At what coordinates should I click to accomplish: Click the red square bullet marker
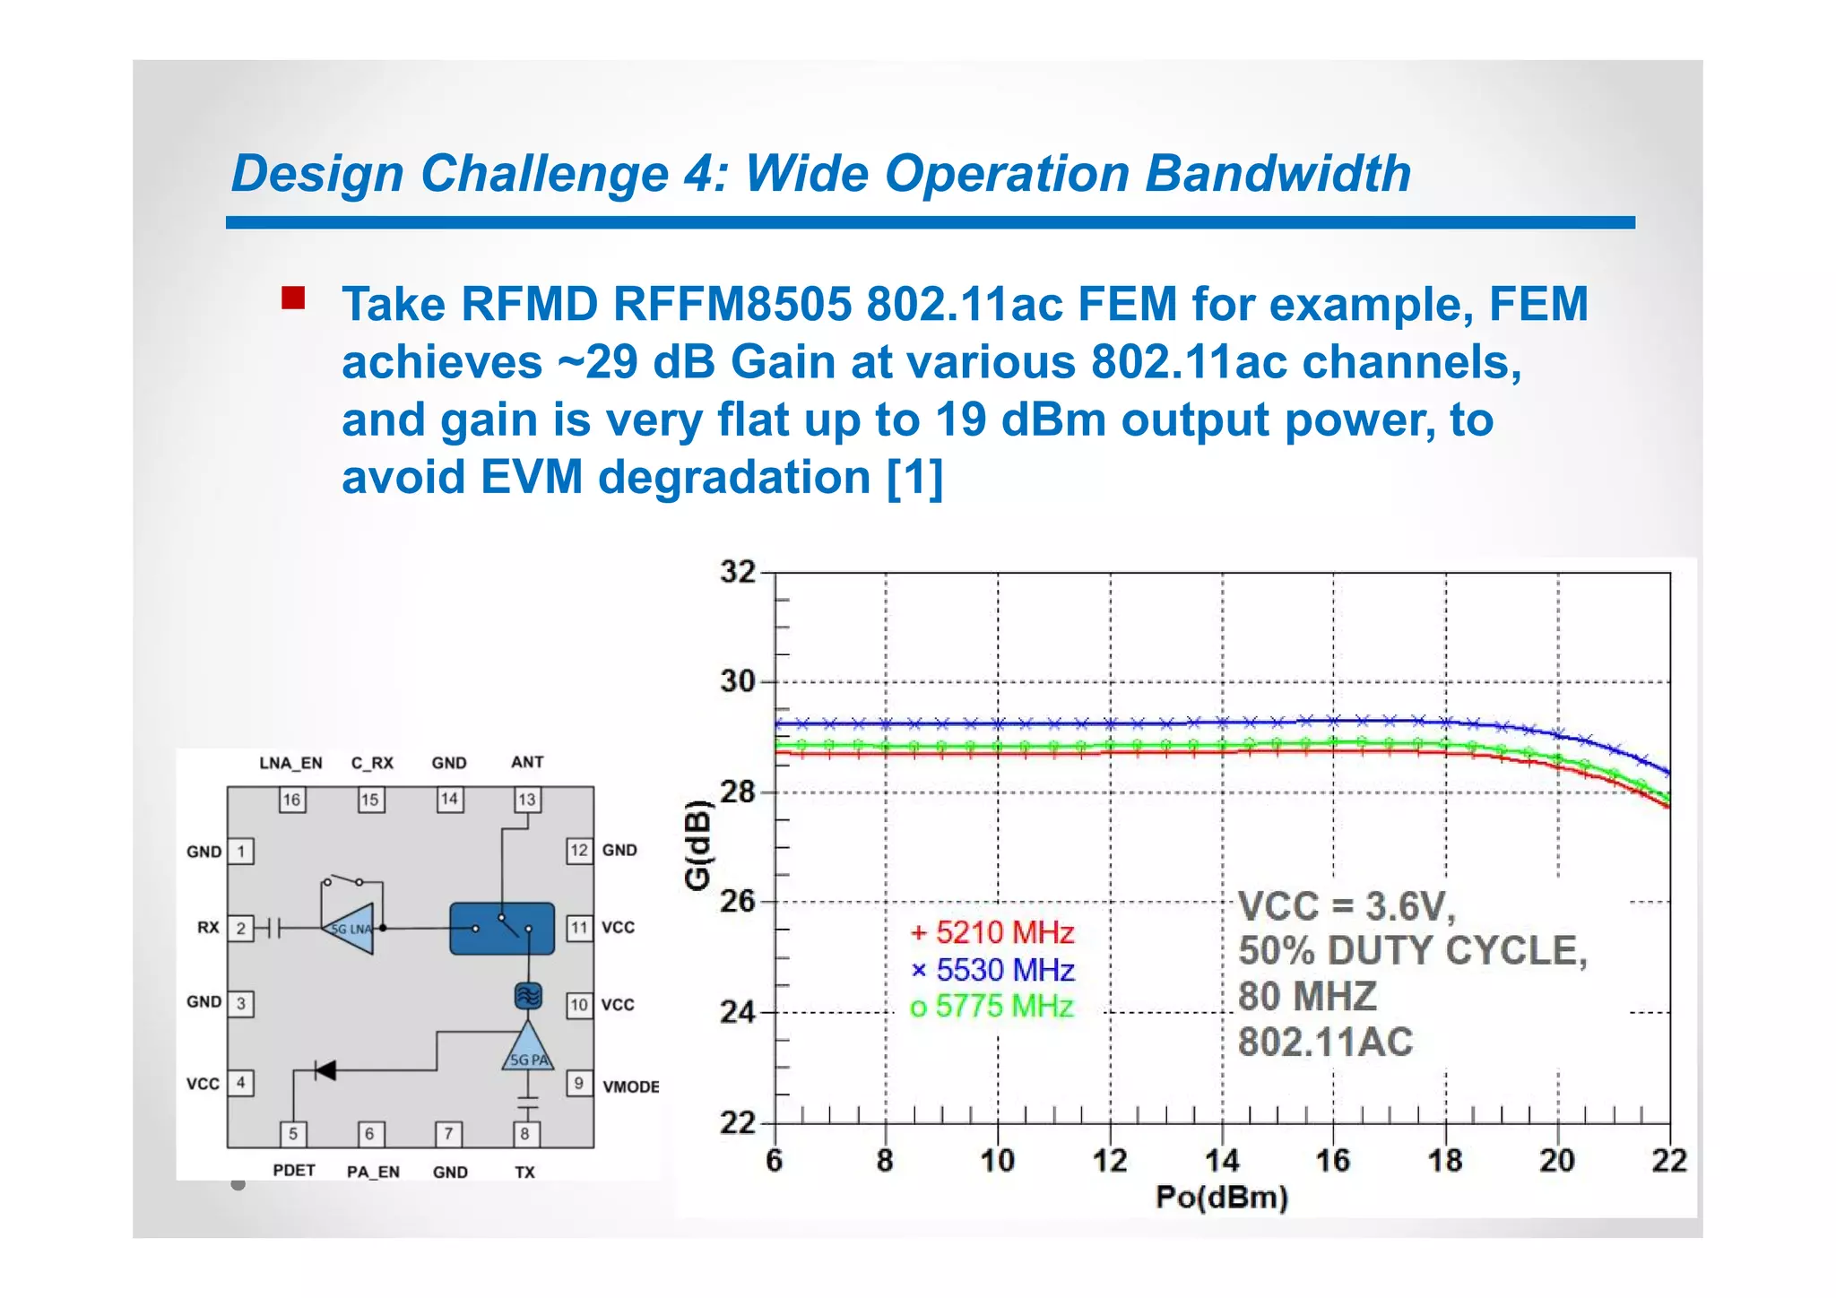tap(293, 298)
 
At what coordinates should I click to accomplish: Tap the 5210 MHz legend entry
tap(992, 933)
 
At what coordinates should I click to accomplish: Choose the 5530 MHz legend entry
tap(992, 970)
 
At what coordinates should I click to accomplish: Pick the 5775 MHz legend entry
tap(992, 1007)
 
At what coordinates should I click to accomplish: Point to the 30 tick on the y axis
tap(738, 681)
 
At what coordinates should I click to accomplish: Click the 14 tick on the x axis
tap(1221, 1161)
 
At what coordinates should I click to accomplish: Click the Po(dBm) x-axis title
tap(1221, 1198)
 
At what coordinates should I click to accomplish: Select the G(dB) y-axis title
tap(697, 844)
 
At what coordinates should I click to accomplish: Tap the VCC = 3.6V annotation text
tap(1347, 906)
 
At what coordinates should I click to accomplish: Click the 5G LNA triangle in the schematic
tap(350, 929)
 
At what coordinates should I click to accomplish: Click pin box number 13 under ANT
tap(527, 800)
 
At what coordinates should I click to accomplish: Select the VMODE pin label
tap(630, 1086)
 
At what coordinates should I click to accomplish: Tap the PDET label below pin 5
tap(294, 1171)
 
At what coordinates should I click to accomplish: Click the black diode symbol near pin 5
tap(325, 1069)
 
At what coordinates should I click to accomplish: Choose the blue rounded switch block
tap(502, 929)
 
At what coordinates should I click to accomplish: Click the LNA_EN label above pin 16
tap(290, 763)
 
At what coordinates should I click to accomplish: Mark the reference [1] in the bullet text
tap(914, 477)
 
